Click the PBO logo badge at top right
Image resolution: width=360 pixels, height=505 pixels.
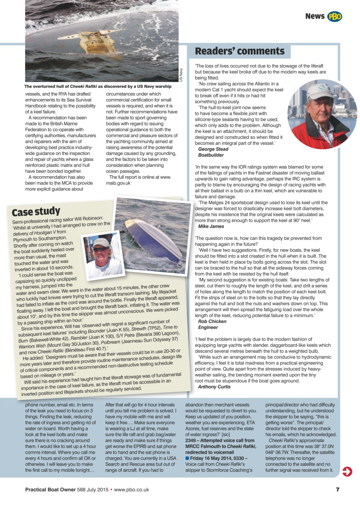pos(334,16)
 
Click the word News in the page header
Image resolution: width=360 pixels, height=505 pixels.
pos(315,16)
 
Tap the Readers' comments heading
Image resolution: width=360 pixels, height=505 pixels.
pos(240,51)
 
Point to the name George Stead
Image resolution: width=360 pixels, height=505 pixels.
pos(213,150)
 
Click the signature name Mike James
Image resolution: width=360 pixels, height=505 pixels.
pos(211,226)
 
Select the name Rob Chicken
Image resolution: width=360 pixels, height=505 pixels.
pos(212,322)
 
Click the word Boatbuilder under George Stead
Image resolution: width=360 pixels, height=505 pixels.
pos(211,155)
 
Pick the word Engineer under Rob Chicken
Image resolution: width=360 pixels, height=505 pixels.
pos(208,327)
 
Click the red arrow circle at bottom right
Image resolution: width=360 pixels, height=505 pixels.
pos(347,471)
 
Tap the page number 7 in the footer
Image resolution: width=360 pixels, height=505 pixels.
pos(337,490)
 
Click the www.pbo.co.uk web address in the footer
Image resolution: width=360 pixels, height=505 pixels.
pos(131,490)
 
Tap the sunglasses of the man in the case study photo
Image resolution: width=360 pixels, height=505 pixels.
pos(99,249)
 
